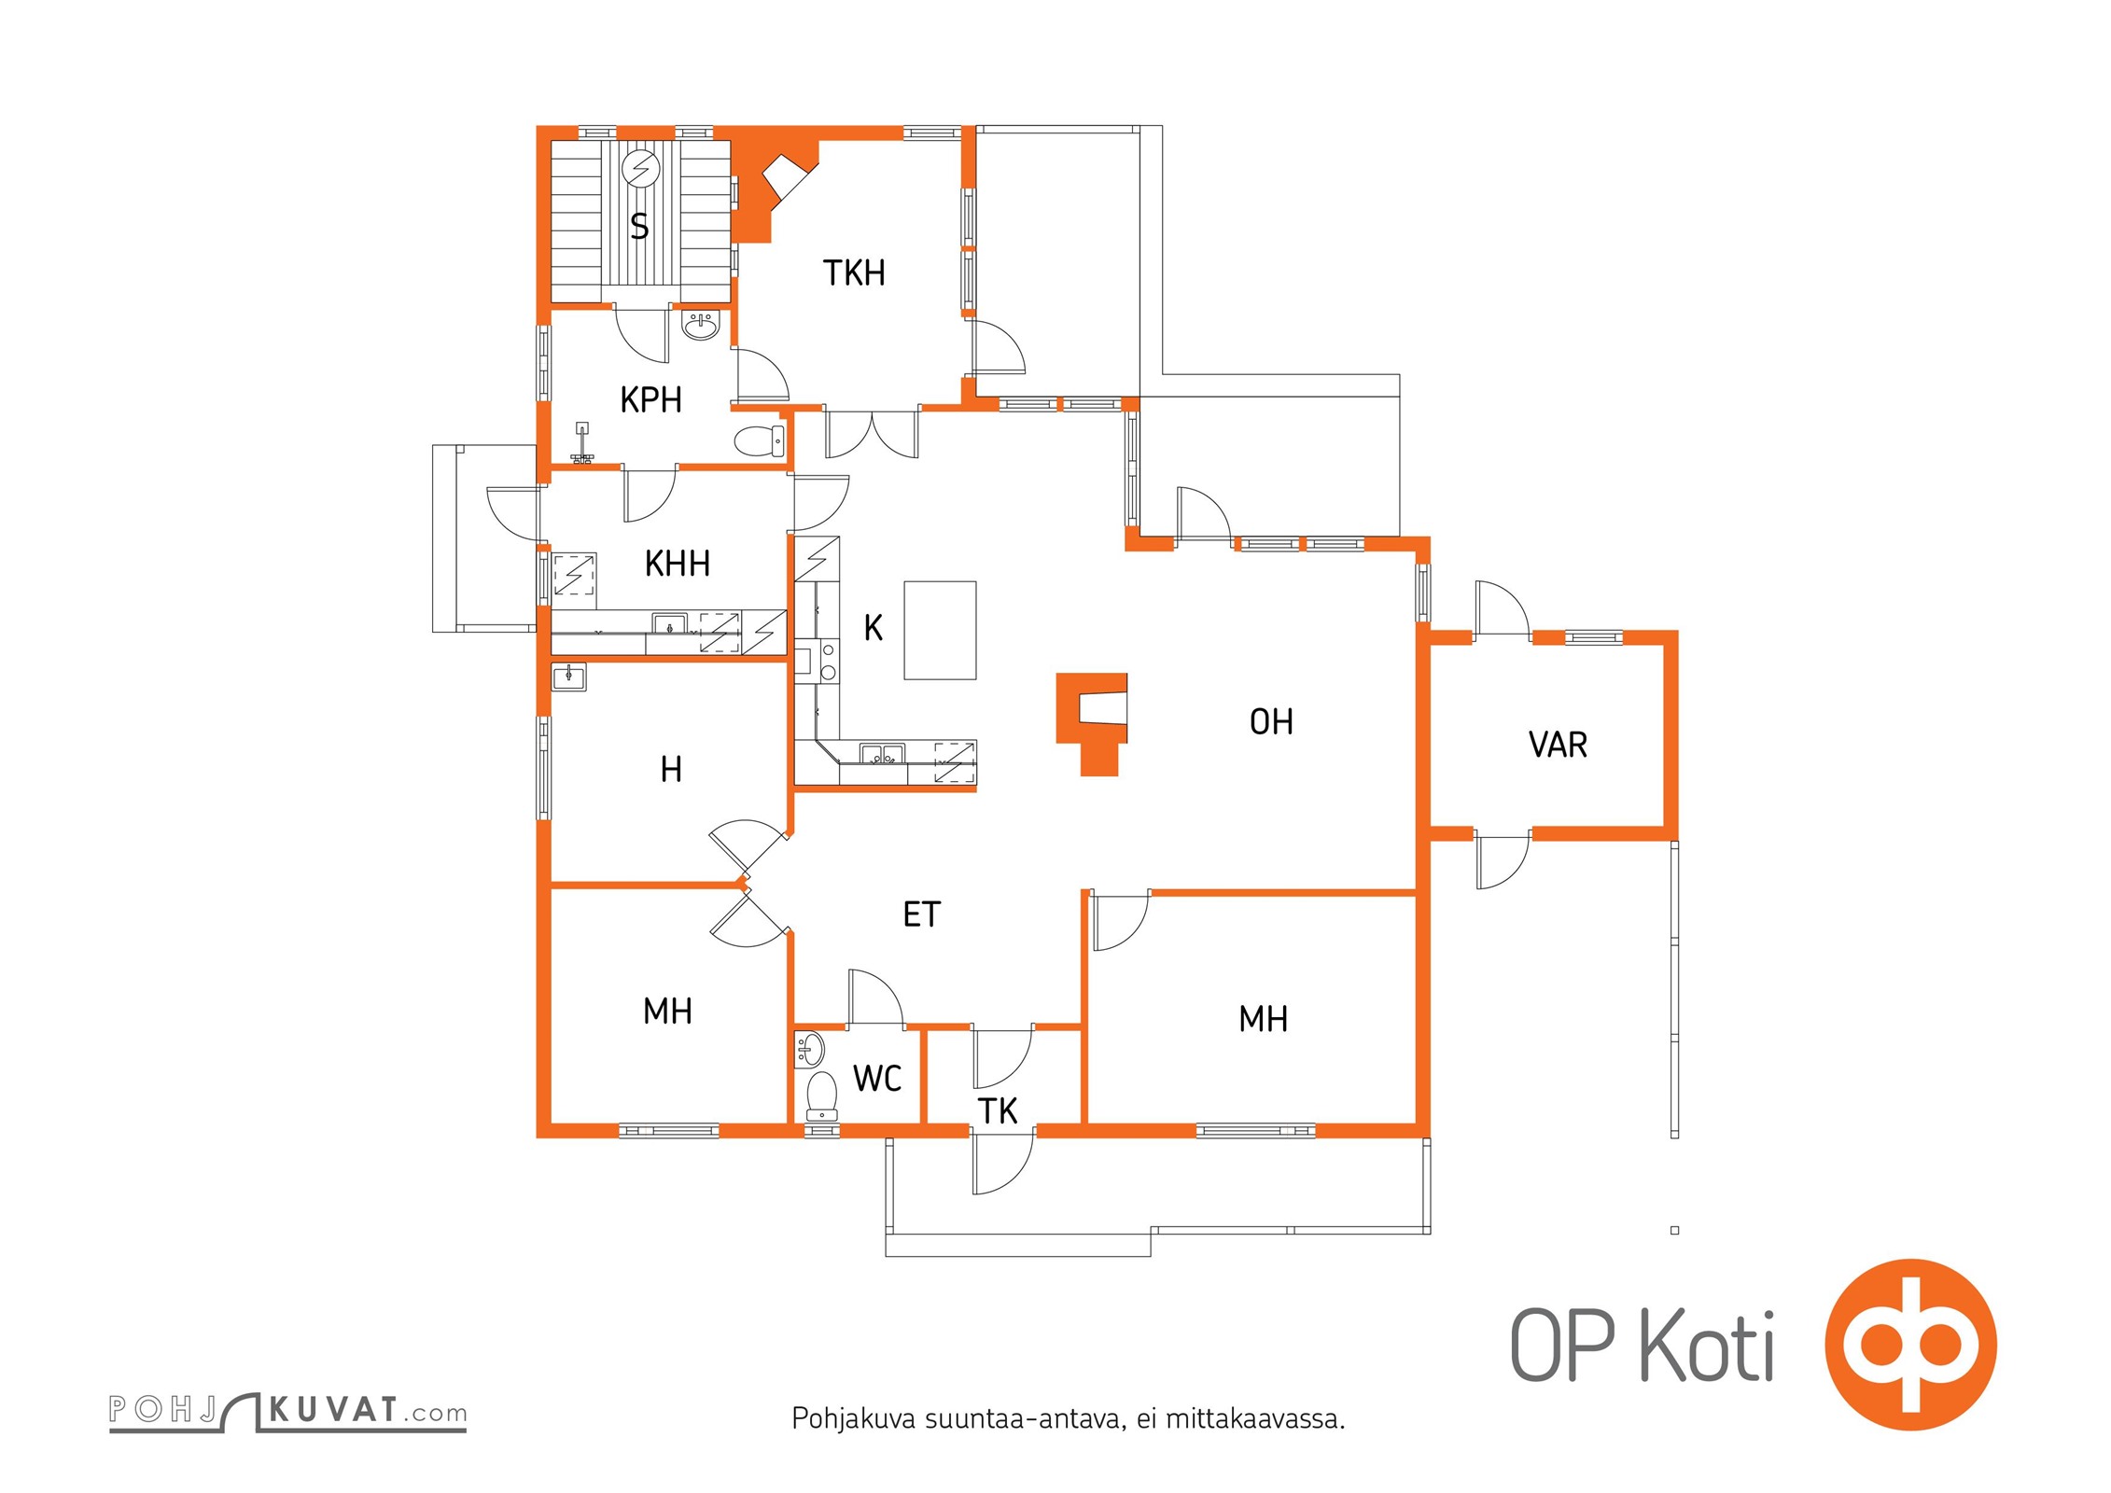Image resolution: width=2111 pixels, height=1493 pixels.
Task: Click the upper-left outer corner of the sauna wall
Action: pos(538,126)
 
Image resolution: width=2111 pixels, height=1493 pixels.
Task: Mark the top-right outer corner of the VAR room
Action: pos(1677,632)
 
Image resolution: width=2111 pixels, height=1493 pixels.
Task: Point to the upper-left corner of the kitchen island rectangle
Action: pos(904,582)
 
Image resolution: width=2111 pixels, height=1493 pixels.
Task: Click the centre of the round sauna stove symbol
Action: pos(641,169)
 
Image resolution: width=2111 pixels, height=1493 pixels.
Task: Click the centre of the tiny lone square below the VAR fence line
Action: pos(1674,1230)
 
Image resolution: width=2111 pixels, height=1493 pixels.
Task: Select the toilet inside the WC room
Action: pos(821,1095)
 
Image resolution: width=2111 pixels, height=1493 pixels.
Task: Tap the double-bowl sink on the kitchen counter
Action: pos(882,754)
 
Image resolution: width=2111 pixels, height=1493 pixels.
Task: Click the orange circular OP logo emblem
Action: pos(1911,1345)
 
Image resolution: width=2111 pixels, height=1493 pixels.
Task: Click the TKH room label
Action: pos(854,273)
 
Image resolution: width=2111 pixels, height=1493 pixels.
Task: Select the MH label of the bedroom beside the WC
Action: pos(667,1012)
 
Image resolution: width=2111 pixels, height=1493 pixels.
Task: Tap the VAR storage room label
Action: pos(1558,745)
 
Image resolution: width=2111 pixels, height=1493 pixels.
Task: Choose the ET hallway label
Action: pos(922,914)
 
